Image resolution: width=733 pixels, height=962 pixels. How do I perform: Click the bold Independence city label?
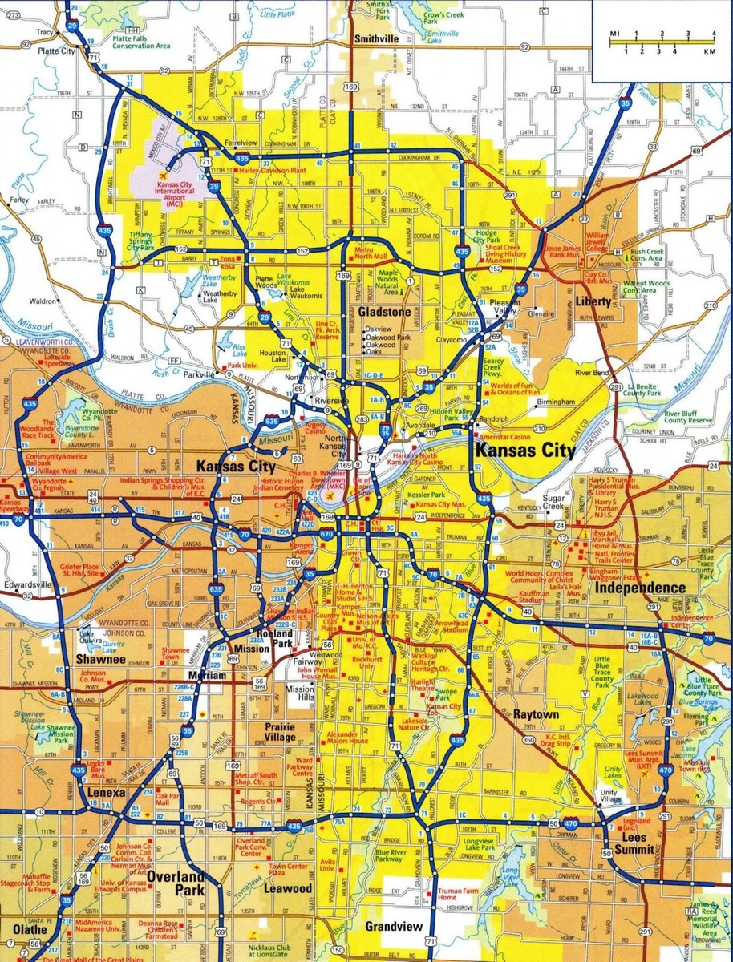(640, 588)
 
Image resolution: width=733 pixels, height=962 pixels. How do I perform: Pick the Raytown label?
(536, 713)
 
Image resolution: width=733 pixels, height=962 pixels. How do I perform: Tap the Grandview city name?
(393, 927)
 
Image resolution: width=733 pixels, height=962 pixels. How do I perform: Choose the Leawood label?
(289, 889)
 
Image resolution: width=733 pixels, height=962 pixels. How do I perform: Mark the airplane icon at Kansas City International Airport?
(165, 174)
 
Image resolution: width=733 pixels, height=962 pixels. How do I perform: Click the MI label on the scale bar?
(614, 34)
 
